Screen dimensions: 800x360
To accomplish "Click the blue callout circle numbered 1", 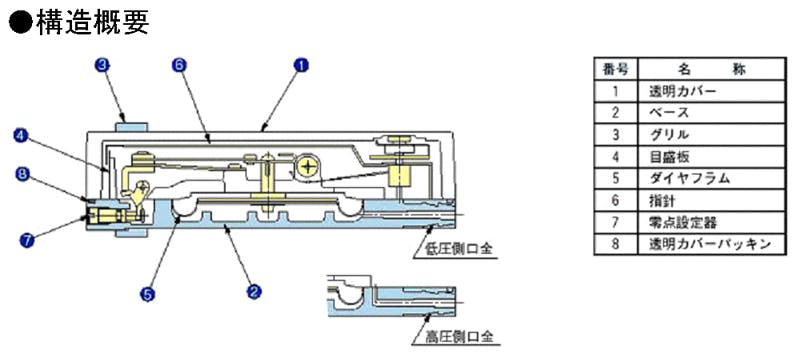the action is pos(302,66).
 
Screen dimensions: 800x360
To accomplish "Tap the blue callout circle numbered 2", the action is pos(254,292).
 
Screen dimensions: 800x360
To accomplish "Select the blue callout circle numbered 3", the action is pos(103,65).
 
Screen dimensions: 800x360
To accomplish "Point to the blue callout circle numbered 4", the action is pos(22,136).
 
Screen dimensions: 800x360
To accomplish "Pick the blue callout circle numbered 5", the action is pos(147,294).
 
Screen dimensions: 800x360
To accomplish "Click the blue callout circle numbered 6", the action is pos(179,65).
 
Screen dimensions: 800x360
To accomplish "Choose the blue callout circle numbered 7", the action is pos(26,240).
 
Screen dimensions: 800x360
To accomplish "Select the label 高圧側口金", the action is pos(460,337).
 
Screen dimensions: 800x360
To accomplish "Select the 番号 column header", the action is pos(615,69).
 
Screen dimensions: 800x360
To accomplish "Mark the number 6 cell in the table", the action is pos(615,200).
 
